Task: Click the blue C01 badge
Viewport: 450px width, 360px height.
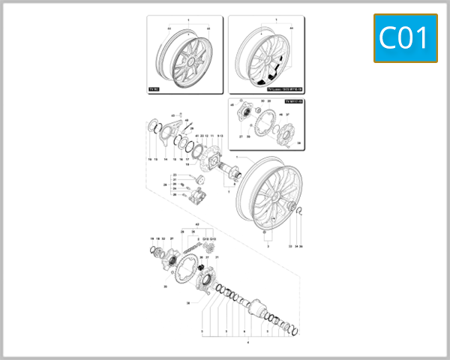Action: coord(405,38)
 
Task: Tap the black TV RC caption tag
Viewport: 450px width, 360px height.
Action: coord(154,88)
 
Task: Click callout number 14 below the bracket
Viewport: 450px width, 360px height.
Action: coord(165,160)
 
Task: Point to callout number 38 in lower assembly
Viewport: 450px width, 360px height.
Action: coord(188,302)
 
